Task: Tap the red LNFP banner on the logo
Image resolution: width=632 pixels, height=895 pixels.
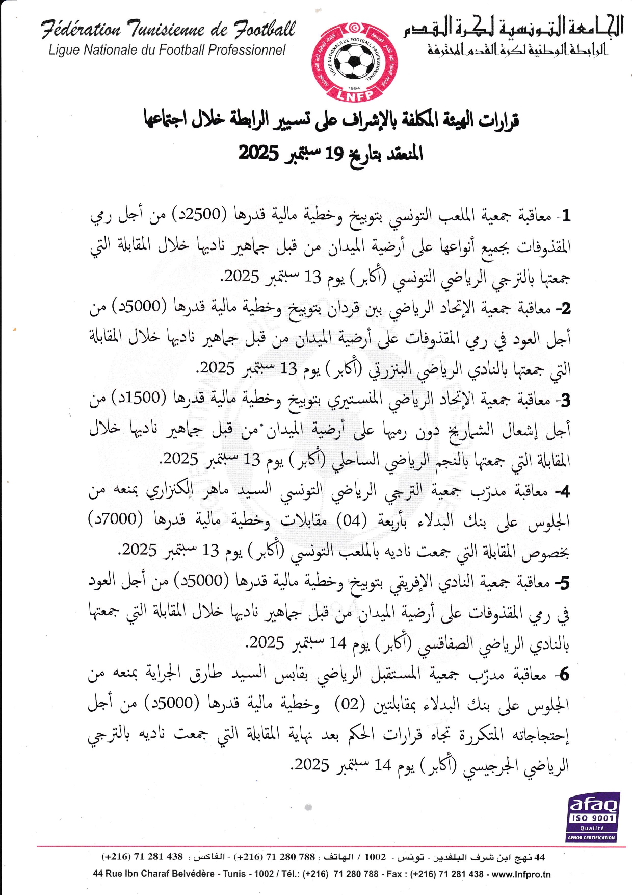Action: coord(355,94)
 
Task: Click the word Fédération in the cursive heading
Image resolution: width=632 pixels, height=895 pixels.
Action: coord(81,30)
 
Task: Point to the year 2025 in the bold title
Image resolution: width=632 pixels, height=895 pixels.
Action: coord(258,153)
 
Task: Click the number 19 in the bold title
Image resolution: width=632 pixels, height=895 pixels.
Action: coord(335,153)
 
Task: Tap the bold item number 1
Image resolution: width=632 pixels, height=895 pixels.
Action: coord(565,216)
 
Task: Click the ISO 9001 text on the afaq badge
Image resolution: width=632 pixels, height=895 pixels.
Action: coord(592,818)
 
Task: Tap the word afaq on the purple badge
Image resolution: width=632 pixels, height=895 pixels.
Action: coord(593,805)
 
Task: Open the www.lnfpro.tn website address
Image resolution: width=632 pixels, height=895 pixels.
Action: coord(521,874)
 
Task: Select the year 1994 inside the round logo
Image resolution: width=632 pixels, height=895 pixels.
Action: coord(354,87)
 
